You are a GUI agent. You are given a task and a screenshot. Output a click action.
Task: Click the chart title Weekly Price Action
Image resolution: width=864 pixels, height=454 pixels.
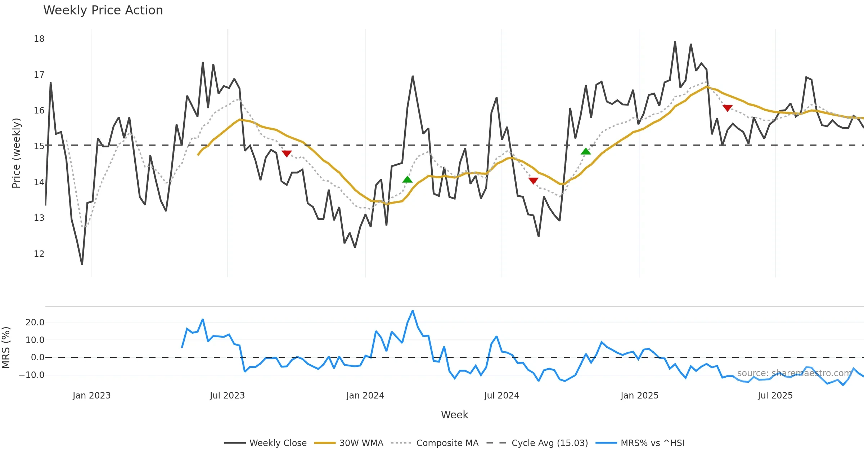coord(103,10)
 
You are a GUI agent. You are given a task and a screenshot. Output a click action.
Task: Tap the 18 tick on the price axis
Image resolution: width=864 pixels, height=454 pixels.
coord(39,39)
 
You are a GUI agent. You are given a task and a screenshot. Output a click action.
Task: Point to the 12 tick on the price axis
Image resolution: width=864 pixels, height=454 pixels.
coord(39,254)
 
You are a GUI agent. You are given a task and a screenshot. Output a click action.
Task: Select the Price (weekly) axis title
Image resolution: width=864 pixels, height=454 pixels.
coord(17,153)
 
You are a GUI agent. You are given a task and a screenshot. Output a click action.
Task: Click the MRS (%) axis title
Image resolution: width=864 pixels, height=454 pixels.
coord(6,348)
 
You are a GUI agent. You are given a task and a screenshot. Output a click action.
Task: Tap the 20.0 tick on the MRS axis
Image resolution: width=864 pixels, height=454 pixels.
coord(35,322)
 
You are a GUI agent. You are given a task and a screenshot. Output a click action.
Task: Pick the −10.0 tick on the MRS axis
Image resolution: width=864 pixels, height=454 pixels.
coord(32,375)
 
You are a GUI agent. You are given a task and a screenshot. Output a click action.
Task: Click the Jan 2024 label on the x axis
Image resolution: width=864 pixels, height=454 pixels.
coord(365,396)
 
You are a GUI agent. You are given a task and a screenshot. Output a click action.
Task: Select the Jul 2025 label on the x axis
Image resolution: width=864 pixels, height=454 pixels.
coord(775,396)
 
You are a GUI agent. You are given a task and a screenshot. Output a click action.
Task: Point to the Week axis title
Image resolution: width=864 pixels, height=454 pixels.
coord(454,415)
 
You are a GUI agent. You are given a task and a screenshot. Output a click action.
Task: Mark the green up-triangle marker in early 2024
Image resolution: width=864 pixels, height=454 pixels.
coord(407,179)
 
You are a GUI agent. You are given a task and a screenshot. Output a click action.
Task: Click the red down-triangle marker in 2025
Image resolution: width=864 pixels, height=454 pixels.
coord(728,108)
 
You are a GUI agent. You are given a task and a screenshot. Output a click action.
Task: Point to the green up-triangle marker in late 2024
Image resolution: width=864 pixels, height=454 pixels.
coord(586,151)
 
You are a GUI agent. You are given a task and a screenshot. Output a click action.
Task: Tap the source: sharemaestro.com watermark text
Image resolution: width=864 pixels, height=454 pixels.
coord(794,373)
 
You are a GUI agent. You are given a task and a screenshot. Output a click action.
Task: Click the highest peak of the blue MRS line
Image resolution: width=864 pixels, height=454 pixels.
coord(413,311)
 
